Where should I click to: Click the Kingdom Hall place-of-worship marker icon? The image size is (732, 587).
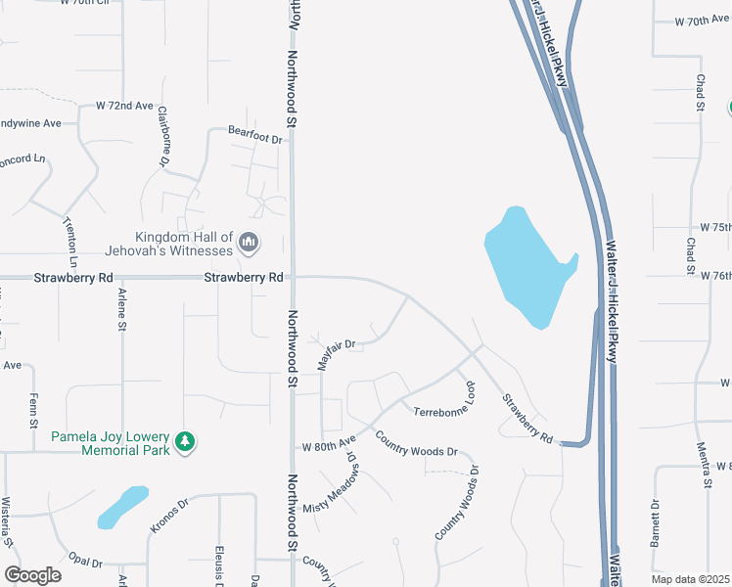[x=248, y=242]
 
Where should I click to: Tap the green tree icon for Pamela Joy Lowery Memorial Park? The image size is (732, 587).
[x=184, y=443]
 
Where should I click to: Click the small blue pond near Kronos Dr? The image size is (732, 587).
[x=122, y=507]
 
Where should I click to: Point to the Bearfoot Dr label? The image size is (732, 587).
[x=254, y=139]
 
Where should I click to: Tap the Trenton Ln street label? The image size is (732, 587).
[x=71, y=243]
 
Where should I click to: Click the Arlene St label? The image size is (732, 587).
[x=122, y=308]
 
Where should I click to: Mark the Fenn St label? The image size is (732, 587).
[x=34, y=407]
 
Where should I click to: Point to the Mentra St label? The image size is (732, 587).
[x=704, y=465]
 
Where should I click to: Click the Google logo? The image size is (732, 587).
[x=32, y=575]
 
